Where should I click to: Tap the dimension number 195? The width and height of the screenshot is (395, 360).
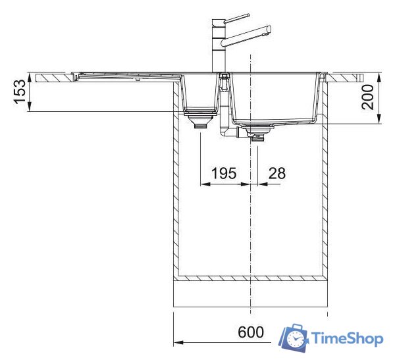224,174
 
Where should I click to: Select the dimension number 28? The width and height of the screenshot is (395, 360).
277,174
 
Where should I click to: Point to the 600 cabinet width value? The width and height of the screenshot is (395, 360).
250,332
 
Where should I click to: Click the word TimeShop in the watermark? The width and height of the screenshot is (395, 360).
346,339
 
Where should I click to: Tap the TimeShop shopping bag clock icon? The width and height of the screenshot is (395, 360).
294,338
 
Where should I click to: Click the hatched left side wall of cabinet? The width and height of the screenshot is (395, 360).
175,184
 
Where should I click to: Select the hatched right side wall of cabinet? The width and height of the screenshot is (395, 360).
325,184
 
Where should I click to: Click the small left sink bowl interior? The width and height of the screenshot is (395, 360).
198,92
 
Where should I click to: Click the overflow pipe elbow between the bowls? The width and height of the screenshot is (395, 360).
227,131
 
